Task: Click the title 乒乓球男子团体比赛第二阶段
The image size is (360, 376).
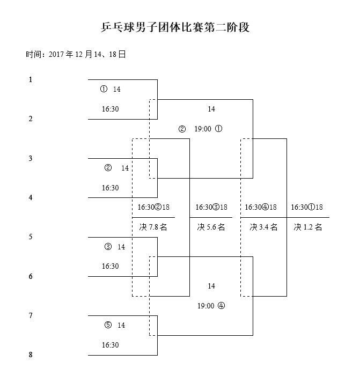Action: click(175, 27)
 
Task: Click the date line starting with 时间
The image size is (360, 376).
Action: click(76, 54)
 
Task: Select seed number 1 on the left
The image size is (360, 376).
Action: click(31, 79)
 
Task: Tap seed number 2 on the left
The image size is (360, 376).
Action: click(31, 119)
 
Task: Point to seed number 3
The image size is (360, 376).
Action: click(31, 158)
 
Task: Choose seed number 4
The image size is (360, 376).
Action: click(31, 197)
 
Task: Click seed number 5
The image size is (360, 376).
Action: click(31, 237)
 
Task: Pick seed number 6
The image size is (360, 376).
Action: click(31, 276)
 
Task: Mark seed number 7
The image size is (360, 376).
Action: click(31, 315)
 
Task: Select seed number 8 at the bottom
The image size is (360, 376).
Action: click(31, 355)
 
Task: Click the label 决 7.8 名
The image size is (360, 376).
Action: click(153, 227)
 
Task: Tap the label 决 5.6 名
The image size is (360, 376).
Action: click(211, 227)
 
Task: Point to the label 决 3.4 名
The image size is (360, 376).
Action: click(263, 227)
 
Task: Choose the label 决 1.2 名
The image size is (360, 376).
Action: click(308, 227)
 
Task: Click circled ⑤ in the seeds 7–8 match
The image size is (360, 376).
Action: click(108, 325)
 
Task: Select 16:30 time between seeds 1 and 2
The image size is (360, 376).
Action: click(111, 109)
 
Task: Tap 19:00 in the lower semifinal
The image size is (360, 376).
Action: click(206, 306)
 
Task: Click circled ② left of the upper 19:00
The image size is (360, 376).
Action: click(182, 129)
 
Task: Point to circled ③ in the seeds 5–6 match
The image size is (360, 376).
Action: click(108, 247)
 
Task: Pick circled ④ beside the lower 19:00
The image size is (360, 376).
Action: click(221, 306)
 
